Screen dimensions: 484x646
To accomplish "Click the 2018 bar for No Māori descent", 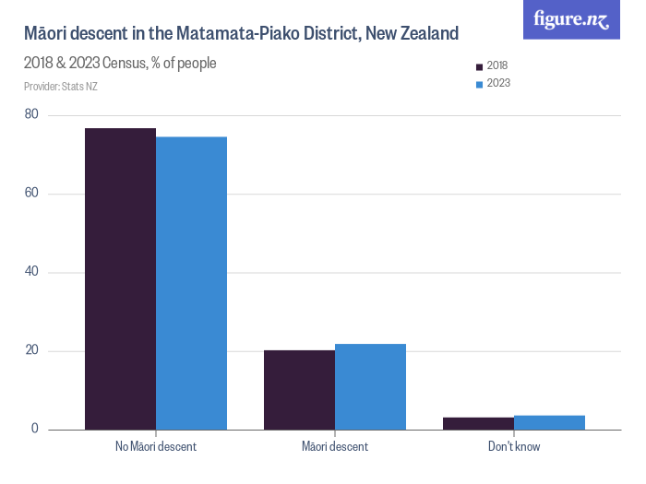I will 120,278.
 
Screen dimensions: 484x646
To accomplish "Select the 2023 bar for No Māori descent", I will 191,283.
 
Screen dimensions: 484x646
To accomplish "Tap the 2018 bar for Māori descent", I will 299,390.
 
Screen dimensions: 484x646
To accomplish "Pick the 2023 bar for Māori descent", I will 370,386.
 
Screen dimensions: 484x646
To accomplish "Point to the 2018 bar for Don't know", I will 478,423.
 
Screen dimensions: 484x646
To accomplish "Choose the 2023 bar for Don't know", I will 549,422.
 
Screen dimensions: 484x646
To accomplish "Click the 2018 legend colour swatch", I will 479,66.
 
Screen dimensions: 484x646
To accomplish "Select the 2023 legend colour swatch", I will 479,84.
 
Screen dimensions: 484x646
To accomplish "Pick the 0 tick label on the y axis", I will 34,429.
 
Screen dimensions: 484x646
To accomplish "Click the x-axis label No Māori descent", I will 156,447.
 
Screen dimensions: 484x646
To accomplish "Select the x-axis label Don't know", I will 514,447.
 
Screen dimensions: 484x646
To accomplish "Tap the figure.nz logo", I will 571,19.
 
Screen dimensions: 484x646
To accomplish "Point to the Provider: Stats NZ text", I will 60,87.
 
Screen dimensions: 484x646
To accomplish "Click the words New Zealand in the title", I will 412,34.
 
